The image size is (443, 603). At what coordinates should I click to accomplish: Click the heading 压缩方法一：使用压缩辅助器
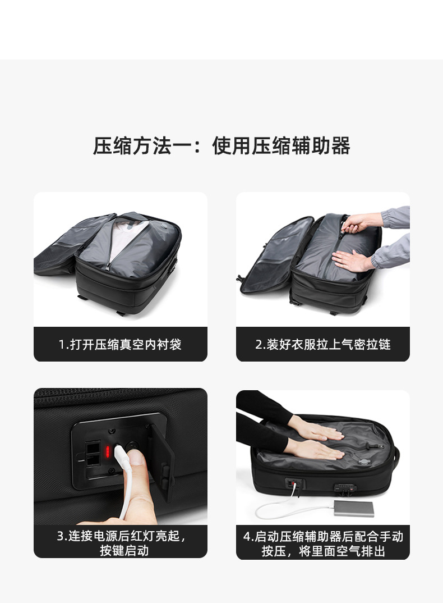221,146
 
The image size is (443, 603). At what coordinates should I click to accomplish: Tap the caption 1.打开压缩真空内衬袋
120,344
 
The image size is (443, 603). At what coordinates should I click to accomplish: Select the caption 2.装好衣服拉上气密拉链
323,344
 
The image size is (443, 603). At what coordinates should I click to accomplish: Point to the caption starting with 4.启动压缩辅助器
323,543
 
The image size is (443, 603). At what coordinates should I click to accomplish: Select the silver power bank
353,509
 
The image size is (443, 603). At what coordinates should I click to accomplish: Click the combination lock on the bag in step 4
344,489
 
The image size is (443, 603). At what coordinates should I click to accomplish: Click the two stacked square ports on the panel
93,455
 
